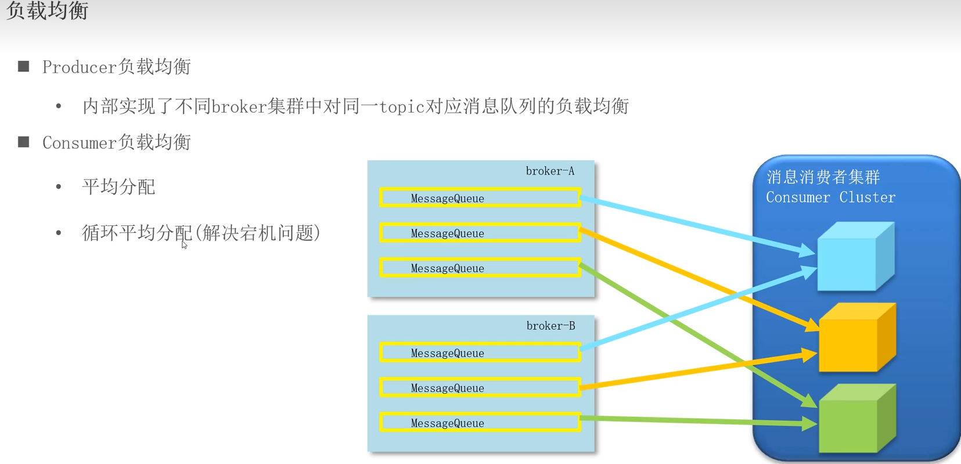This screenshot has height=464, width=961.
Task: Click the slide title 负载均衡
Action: click(x=47, y=10)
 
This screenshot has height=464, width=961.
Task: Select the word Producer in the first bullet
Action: click(x=80, y=67)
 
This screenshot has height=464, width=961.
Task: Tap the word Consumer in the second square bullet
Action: click(x=80, y=143)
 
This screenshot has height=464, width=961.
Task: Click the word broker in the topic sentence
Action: click(x=239, y=107)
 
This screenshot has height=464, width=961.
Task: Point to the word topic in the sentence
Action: click(x=402, y=107)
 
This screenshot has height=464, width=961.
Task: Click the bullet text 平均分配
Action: click(x=118, y=187)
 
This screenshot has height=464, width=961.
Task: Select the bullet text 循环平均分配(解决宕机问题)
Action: click(x=201, y=233)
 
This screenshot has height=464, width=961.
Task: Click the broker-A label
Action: click(x=550, y=171)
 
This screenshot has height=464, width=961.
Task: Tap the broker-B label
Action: click(x=550, y=326)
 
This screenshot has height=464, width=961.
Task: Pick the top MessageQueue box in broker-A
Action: click(x=480, y=198)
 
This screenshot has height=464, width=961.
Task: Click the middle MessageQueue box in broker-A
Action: click(x=480, y=233)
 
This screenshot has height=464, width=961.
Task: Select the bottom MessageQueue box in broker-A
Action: click(x=480, y=268)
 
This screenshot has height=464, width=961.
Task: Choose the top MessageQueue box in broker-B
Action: click(x=480, y=353)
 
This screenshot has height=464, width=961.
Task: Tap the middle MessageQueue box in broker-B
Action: click(x=480, y=387)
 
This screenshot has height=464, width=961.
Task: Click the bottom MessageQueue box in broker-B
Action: click(x=480, y=423)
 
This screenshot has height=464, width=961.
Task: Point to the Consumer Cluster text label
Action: click(x=830, y=197)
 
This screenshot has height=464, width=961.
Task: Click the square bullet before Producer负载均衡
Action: click(x=24, y=66)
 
